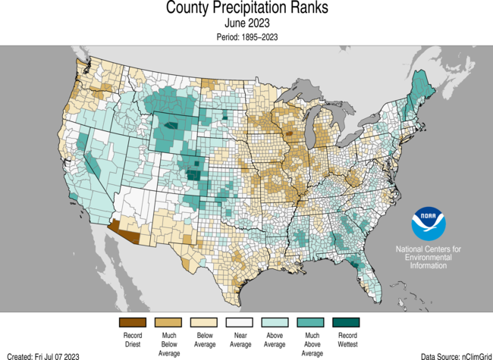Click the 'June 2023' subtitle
pyautogui.click(x=246, y=24)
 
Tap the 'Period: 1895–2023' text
pyautogui.click(x=246, y=36)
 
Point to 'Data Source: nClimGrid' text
pyautogui.click(x=452, y=355)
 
